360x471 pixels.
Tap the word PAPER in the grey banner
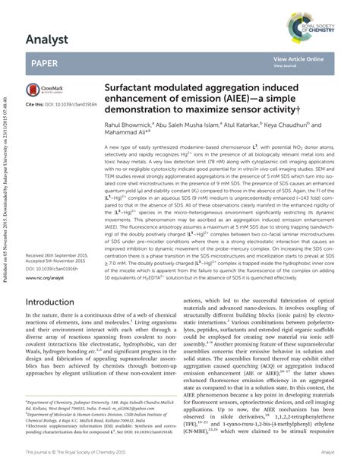[46, 63]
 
